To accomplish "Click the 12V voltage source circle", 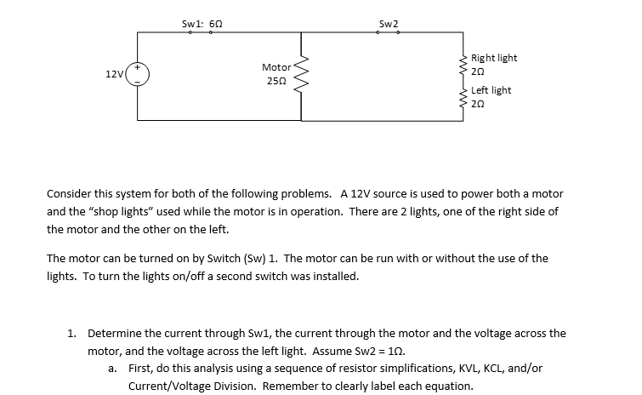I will pyautogui.click(x=138, y=74).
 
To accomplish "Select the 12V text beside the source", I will pyautogui.click(x=114, y=75).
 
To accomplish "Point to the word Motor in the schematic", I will pyautogui.click(x=276, y=66).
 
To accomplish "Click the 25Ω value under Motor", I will pyautogui.click(x=276, y=81).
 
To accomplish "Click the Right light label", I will pyautogui.click(x=494, y=58).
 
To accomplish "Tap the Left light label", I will pyautogui.click(x=491, y=90).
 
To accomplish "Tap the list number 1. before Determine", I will pyautogui.click(x=72, y=334).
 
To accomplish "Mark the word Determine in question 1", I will pyautogui.click(x=114, y=334).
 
